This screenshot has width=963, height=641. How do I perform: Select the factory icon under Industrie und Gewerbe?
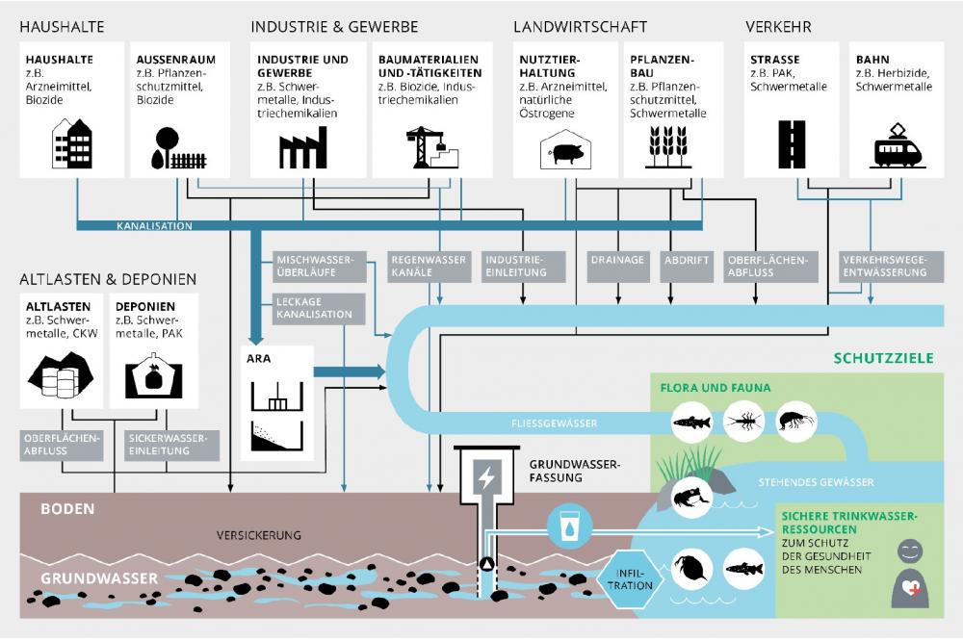point(302,149)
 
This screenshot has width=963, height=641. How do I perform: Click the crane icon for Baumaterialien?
point(430,147)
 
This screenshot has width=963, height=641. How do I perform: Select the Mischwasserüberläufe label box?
point(315,266)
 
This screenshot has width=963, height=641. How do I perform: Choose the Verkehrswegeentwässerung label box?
point(884,266)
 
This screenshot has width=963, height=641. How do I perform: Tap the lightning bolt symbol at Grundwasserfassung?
point(484,478)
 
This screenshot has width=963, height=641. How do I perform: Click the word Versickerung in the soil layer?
point(260,534)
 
